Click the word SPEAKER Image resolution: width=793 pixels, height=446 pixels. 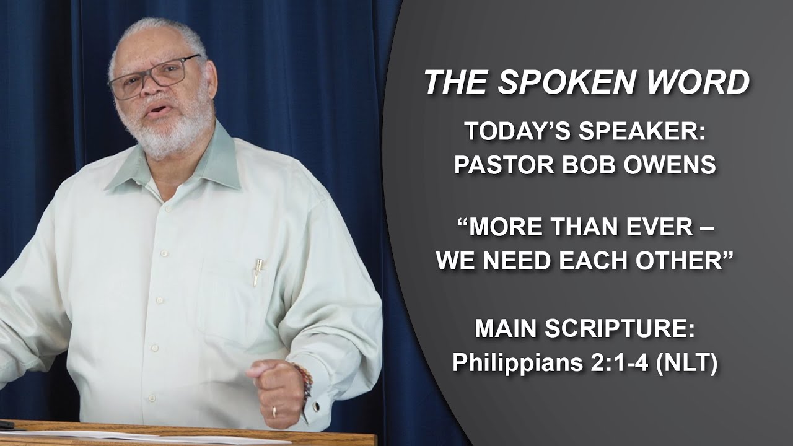[644, 131]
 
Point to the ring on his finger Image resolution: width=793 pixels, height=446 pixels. [274, 411]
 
